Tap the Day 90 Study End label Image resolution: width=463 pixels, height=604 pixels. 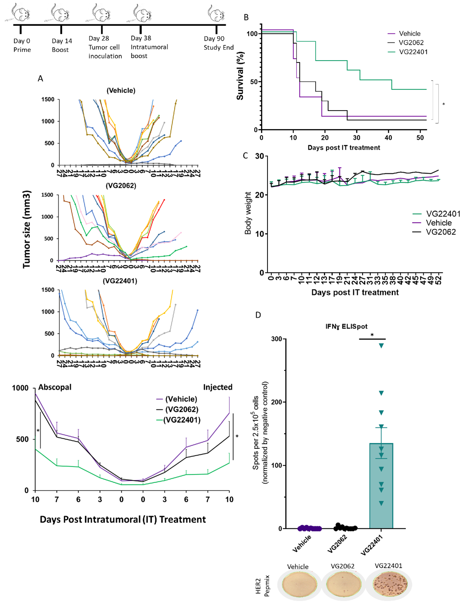[x=218, y=43]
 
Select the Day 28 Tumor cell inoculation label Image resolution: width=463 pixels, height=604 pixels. [x=105, y=47]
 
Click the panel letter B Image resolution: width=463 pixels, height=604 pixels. [x=246, y=17]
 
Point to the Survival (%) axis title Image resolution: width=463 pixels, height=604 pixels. [x=240, y=76]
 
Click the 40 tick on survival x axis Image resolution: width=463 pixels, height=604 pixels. [x=388, y=138]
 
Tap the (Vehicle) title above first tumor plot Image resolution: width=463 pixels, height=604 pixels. [x=121, y=90]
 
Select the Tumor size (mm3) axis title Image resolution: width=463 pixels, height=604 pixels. [x=26, y=229]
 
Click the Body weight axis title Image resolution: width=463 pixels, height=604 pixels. [x=248, y=213]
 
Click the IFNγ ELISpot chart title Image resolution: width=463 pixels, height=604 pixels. [x=346, y=326]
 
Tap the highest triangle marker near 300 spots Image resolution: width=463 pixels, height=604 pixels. [x=382, y=346]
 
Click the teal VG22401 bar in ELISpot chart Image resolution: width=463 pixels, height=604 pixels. [x=381, y=492]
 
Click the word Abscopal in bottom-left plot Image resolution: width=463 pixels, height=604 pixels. [x=55, y=387]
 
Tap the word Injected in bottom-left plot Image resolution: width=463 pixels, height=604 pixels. [x=217, y=387]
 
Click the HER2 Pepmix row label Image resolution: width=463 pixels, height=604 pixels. [x=262, y=586]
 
